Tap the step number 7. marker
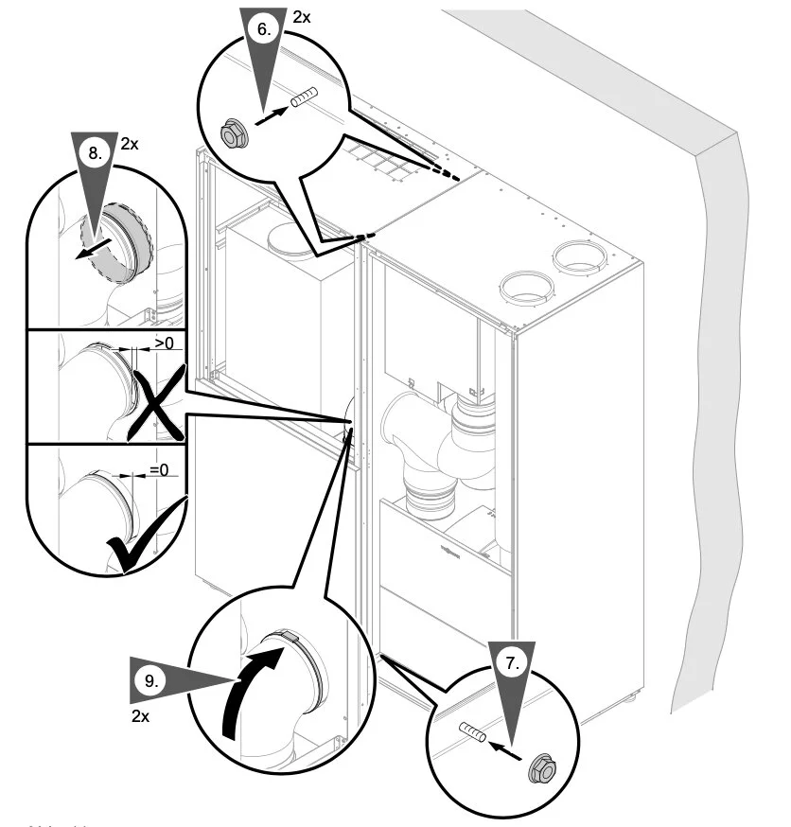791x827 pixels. click(x=512, y=663)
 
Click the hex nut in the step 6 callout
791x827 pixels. click(x=230, y=132)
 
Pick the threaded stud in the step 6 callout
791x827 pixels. click(x=303, y=98)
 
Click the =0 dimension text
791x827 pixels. click(x=157, y=467)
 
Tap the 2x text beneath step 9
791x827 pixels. click(x=140, y=716)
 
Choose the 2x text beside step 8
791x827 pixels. click(x=129, y=145)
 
